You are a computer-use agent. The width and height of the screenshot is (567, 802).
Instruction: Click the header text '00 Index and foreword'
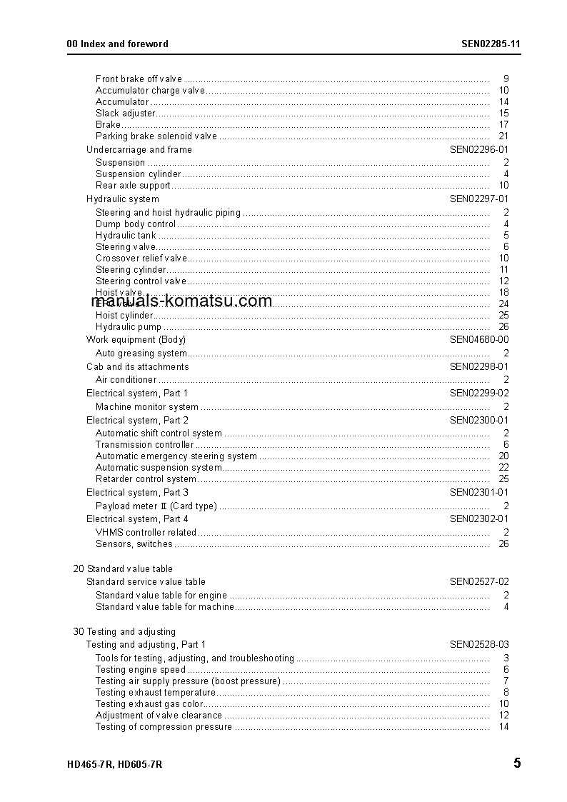tap(117, 44)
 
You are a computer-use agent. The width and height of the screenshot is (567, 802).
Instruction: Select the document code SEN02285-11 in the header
tap(491, 44)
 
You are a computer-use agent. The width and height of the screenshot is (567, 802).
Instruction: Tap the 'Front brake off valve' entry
tap(139, 79)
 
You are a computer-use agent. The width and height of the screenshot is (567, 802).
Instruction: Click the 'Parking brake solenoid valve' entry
tap(156, 136)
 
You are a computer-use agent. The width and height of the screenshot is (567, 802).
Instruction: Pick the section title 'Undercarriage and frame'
tap(139, 150)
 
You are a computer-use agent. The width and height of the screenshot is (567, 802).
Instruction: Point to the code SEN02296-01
tap(478, 150)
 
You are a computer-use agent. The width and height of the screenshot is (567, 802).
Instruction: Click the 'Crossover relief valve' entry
tap(141, 259)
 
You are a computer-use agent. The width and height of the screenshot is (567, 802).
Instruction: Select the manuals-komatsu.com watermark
tap(182, 301)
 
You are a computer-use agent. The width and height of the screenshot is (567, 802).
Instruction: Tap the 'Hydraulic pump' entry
tap(129, 327)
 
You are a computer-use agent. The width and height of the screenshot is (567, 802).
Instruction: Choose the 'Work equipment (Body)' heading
tap(136, 340)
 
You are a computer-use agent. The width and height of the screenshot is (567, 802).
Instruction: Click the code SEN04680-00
tap(478, 340)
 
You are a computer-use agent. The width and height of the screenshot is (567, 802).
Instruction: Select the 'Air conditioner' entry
tap(126, 380)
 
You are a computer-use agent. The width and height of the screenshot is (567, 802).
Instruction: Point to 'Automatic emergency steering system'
tap(176, 456)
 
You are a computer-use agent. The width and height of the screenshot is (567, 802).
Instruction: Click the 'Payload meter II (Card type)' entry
tap(156, 506)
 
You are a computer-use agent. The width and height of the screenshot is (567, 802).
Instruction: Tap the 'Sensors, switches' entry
tap(134, 544)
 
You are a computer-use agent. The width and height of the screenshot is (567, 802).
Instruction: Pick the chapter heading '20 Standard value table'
tap(123, 569)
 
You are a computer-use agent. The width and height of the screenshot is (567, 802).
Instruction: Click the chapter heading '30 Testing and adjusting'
tap(124, 632)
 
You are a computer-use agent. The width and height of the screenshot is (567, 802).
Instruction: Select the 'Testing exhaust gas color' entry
tap(149, 704)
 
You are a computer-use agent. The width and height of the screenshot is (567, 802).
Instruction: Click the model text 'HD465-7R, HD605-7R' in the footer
tap(114, 764)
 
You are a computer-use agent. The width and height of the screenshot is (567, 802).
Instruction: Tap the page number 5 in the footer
tap(516, 763)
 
